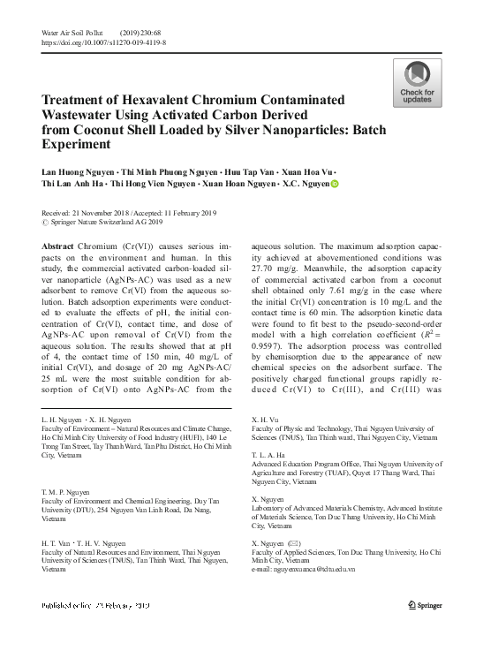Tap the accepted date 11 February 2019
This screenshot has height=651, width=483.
pos(202,213)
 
